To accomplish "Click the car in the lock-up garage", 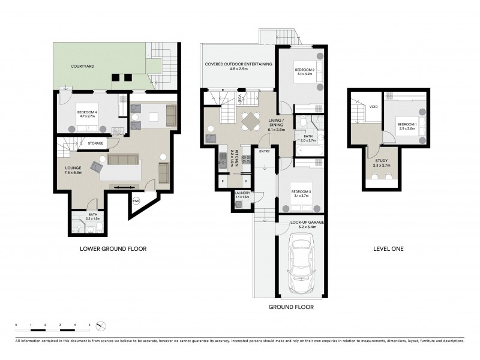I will (302, 262).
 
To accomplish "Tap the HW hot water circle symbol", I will (136, 200).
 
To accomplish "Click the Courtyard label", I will (80, 66).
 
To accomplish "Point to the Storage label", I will (96, 143).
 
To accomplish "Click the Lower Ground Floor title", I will (113, 248).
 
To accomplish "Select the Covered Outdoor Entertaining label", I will (238, 64).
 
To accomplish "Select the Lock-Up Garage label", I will (302, 222).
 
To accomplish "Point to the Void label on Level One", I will (374, 107).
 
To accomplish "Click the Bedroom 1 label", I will (406, 124).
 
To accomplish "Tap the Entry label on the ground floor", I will (264, 151).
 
